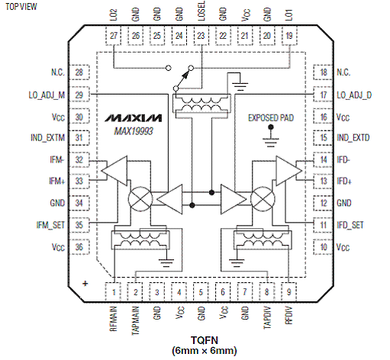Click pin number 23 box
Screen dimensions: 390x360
(x=201, y=36)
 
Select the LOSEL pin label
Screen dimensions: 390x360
(x=201, y=11)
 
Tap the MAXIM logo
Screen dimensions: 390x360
(x=134, y=118)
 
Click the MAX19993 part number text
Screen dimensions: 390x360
(x=134, y=131)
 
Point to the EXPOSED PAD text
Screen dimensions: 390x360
(x=271, y=118)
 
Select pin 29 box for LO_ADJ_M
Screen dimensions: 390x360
(x=79, y=95)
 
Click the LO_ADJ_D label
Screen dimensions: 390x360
(x=354, y=95)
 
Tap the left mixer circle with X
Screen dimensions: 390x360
(x=140, y=199)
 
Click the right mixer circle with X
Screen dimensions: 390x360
(x=263, y=199)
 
